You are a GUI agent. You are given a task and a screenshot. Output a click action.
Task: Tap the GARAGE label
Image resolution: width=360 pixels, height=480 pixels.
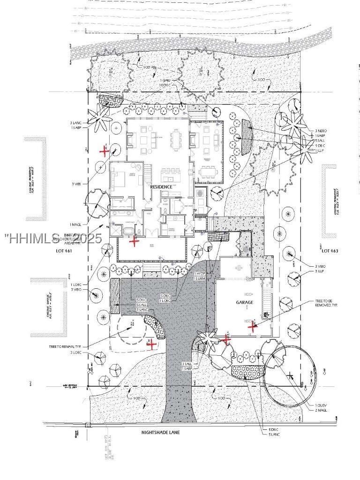click(x=244, y=302)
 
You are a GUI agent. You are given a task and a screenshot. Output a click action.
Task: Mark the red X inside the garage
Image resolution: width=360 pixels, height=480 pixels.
click(x=253, y=327)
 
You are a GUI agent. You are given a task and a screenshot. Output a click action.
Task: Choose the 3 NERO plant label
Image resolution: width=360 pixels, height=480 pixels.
click(x=321, y=131)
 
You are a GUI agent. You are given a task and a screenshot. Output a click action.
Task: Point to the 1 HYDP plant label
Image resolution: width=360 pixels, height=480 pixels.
click(x=200, y=273)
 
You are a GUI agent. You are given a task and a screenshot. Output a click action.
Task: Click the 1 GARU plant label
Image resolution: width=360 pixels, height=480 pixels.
click(x=165, y=81)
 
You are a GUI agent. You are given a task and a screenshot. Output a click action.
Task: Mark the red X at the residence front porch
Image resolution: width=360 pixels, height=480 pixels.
click(x=135, y=241)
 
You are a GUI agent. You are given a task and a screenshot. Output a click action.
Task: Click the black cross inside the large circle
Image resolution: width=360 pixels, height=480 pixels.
click(x=291, y=375)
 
